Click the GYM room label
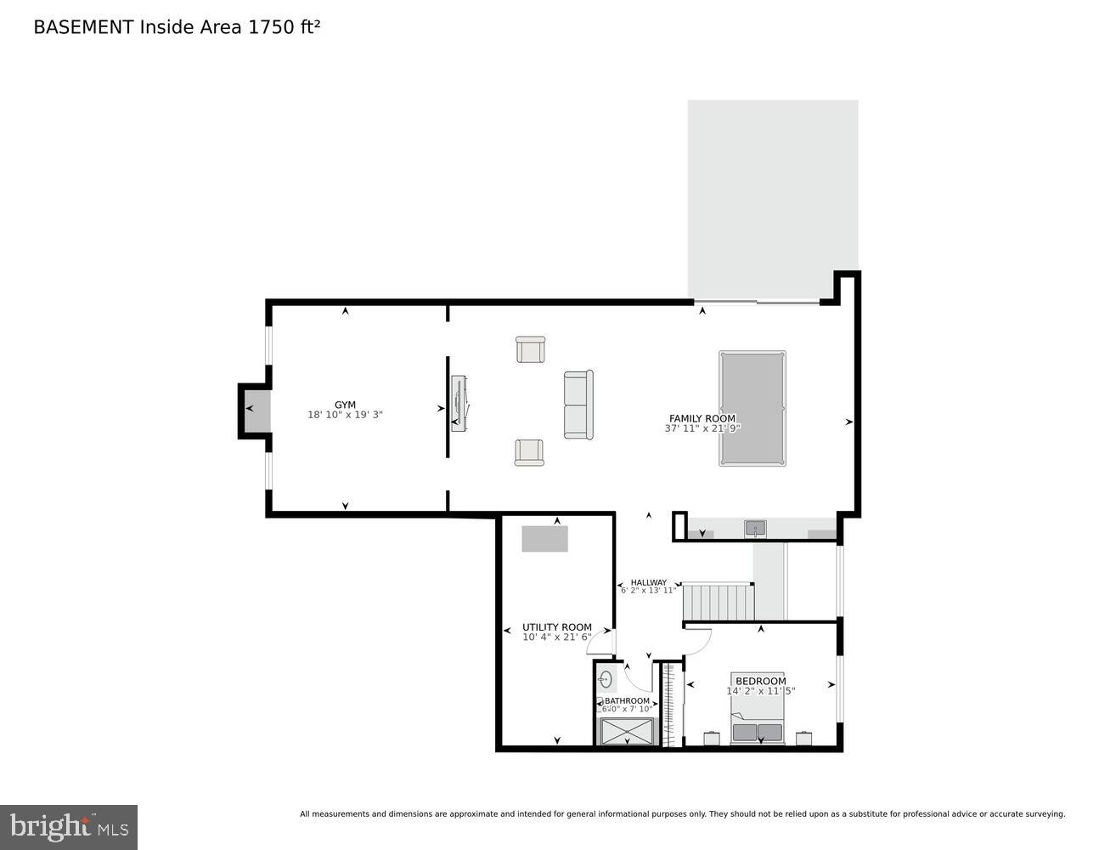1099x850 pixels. (345, 405)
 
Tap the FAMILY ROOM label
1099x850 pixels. (702, 418)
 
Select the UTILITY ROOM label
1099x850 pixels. (557, 627)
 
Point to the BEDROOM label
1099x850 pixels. (760, 681)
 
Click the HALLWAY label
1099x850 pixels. (648, 582)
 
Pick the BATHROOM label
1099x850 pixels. (627, 701)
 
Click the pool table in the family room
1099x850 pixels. (752, 408)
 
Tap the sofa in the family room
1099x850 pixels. (578, 405)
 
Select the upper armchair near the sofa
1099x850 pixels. (530, 349)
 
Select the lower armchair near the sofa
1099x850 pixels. (529, 452)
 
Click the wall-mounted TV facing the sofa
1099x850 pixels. (458, 403)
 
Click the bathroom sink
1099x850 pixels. (606, 679)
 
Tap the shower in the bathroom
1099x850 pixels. (628, 732)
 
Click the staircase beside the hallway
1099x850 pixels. (719, 602)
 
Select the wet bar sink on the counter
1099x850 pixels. (755, 529)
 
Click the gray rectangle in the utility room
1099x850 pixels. (544, 539)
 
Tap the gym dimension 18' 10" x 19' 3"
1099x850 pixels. (345, 416)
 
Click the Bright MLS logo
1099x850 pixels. (69, 827)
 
